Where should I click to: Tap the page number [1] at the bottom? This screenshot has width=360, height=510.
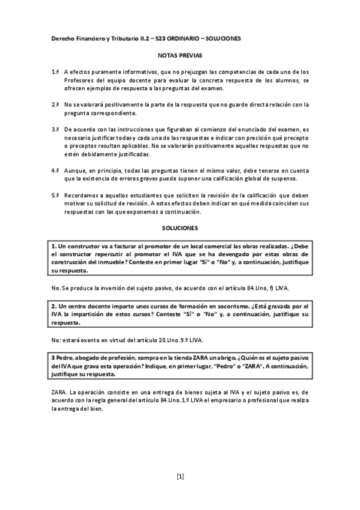tap(180, 477)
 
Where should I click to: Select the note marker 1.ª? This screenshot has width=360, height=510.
tap(55, 72)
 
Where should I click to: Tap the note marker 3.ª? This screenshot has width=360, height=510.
tap(55, 129)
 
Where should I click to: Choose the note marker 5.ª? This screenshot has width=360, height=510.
tap(55, 195)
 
